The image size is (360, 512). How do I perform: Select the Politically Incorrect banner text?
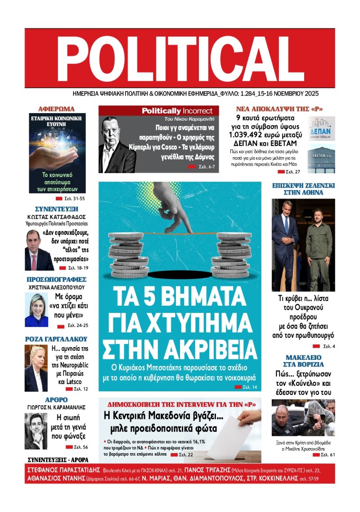click(x=178, y=111)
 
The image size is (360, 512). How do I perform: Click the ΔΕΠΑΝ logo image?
click(x=321, y=128)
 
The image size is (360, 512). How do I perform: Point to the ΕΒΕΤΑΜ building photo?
click(x=321, y=159)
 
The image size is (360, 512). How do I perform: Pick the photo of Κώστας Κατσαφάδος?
click(x=39, y=249)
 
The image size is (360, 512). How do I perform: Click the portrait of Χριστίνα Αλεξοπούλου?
click(x=36, y=310)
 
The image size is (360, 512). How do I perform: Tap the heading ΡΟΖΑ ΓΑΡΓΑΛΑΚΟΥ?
click(x=56, y=339)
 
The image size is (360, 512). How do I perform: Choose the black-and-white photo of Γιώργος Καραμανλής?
click(x=36, y=431)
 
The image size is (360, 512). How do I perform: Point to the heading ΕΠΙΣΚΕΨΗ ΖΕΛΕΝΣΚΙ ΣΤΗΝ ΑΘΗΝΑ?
click(x=303, y=189)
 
